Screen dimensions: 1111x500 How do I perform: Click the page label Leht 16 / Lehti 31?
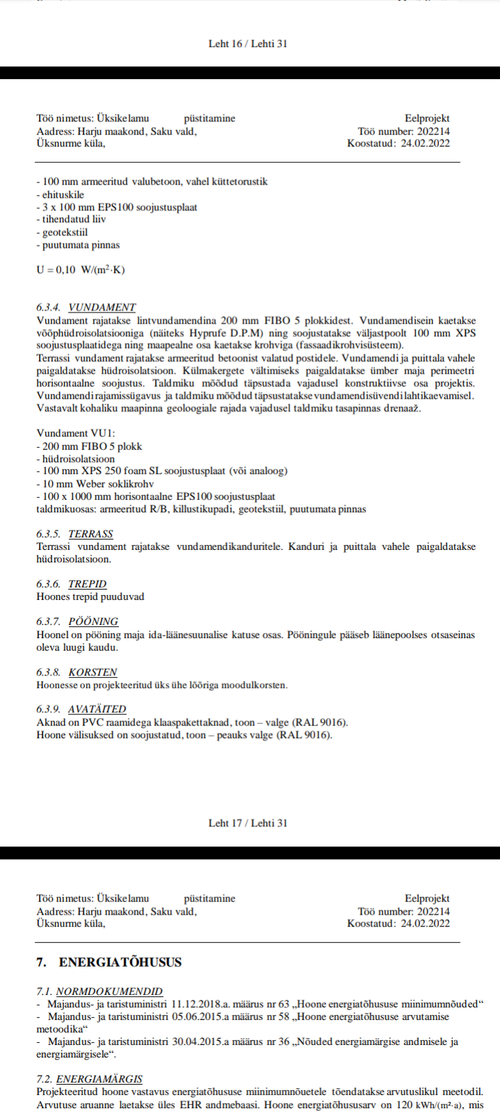click(x=248, y=44)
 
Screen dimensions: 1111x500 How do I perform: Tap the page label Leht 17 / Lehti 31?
click(x=248, y=823)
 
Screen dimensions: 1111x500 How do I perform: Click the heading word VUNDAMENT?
click(x=102, y=307)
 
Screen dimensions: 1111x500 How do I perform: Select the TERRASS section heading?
click(x=90, y=534)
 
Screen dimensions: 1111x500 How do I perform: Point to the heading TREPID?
click(x=87, y=584)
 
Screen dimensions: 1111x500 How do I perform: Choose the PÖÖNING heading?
click(x=93, y=621)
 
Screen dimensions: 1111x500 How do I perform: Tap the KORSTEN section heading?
click(x=92, y=672)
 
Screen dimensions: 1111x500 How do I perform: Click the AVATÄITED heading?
click(x=97, y=709)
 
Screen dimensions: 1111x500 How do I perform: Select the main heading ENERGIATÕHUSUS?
click(x=120, y=962)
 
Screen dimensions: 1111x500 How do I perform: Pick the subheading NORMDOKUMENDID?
click(x=109, y=992)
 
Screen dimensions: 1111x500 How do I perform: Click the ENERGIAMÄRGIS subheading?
click(x=99, y=1079)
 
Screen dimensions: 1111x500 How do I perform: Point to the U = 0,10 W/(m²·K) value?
click(x=81, y=270)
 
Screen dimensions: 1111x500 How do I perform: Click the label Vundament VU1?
click(x=76, y=433)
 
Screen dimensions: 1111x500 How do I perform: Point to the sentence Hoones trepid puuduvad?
click(x=90, y=596)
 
